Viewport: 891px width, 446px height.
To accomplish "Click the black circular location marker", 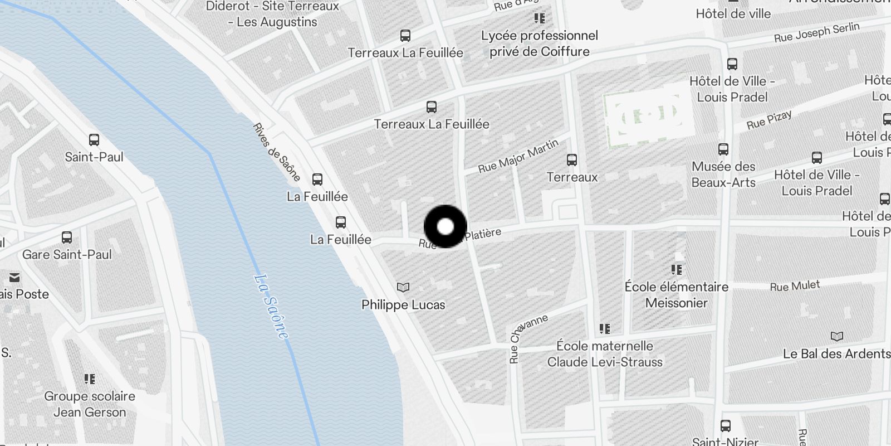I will pos(445,226).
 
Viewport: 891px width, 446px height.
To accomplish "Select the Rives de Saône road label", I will pos(277,152).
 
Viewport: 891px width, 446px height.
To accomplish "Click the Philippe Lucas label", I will pos(403,305).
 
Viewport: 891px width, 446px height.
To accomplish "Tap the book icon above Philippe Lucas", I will pos(403,288).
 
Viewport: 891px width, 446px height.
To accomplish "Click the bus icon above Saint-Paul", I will pos(94,140).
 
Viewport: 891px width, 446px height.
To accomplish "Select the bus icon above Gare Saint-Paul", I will pos(67,237).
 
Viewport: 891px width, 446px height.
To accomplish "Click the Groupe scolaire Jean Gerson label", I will pos(90,404).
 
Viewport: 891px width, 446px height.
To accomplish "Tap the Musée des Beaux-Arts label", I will pos(723,174).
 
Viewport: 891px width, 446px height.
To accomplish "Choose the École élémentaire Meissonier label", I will pos(677,295).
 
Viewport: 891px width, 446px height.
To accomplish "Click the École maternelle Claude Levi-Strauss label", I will pos(605,354).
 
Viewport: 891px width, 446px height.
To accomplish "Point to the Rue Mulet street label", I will pos(795,287).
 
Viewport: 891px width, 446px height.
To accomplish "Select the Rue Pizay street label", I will pos(769,120).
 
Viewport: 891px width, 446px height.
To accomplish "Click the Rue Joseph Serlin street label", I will pos(816,33).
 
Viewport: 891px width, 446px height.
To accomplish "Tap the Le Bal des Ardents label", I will pos(836,354).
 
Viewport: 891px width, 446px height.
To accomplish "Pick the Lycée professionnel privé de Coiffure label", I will pos(539,43).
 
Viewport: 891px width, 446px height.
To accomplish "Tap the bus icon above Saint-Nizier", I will pos(726,426).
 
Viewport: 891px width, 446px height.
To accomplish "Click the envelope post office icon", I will pos(14,278).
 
